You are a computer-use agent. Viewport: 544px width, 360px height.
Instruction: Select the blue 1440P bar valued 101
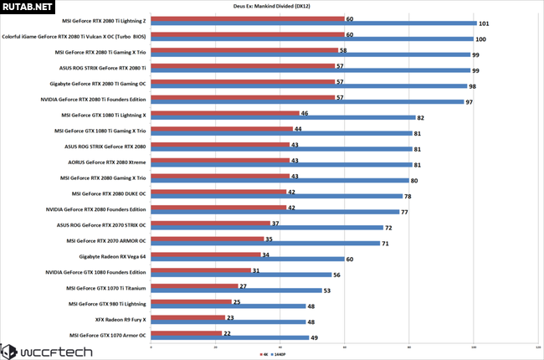314,23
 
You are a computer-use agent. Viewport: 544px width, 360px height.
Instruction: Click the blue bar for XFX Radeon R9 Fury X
228,321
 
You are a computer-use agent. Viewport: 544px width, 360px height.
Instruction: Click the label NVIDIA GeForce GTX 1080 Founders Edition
95,272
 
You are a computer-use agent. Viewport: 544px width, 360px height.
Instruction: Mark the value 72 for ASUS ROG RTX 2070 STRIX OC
389,228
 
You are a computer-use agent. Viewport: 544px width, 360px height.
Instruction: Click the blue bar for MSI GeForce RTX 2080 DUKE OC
276,196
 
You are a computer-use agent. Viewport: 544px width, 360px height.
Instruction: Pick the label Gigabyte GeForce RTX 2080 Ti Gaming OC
97,84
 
